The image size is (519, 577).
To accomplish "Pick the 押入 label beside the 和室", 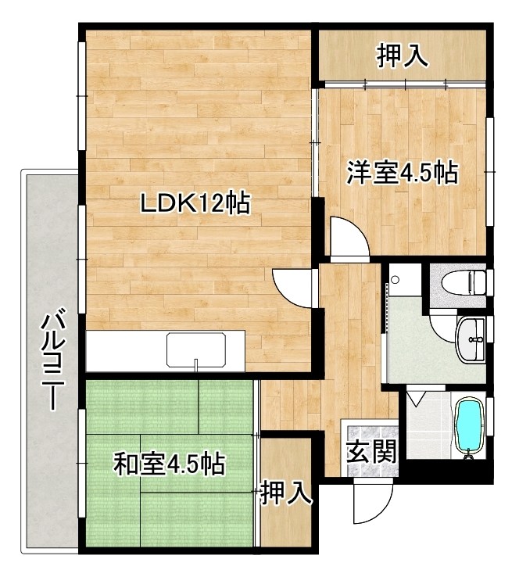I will pyautogui.click(x=287, y=493).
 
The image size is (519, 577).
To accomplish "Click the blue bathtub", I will pyautogui.click(x=469, y=425).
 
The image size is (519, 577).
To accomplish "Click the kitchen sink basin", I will pyautogui.click(x=196, y=349).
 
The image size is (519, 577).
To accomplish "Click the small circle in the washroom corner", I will pyautogui.click(x=396, y=280).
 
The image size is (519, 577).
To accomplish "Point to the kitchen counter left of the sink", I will pyautogui.click(x=125, y=350).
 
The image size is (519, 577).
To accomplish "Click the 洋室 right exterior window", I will pyautogui.click(x=489, y=170).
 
